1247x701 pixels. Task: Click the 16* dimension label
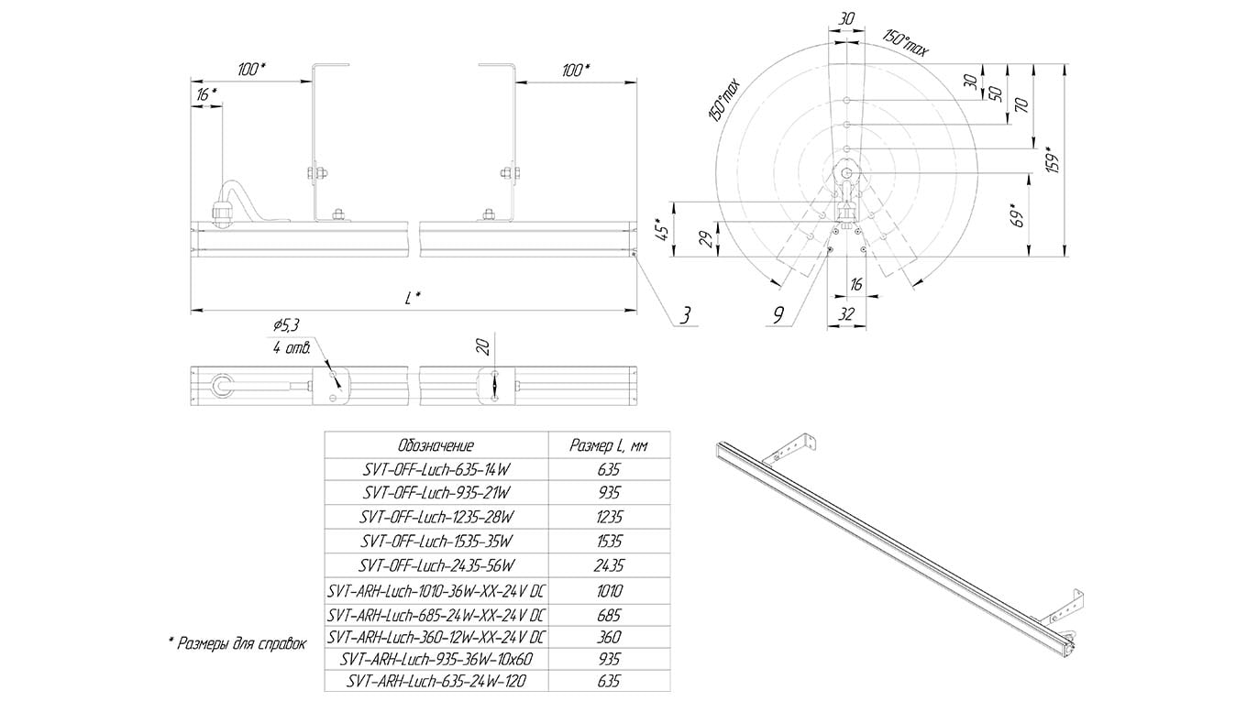pyautogui.click(x=205, y=93)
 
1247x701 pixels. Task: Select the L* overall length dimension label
pyautogui.click(x=414, y=297)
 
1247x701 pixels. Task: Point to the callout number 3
pyautogui.click(x=685, y=316)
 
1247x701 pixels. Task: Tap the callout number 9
pyautogui.click(x=778, y=316)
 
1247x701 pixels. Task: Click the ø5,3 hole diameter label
pyautogui.click(x=287, y=324)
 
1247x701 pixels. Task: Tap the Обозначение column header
pyautogui.click(x=435, y=445)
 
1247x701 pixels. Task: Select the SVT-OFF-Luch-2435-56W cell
pyautogui.click(x=435, y=564)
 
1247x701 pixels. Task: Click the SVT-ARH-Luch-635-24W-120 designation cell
pyautogui.click(x=435, y=682)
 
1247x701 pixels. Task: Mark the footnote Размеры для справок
pyautogui.click(x=237, y=644)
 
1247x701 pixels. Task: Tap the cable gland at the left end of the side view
pyautogui.click(x=223, y=208)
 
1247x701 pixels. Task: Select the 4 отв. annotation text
pyautogui.click(x=292, y=349)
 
